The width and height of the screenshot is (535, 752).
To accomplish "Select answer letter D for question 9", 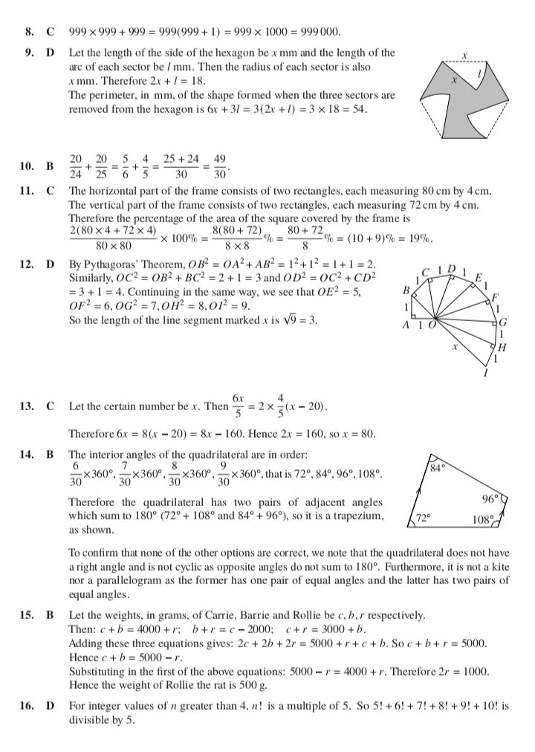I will (51, 54).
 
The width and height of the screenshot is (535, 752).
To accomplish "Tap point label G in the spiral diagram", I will (502, 322).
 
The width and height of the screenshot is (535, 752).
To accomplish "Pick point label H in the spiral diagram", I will (502, 347).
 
